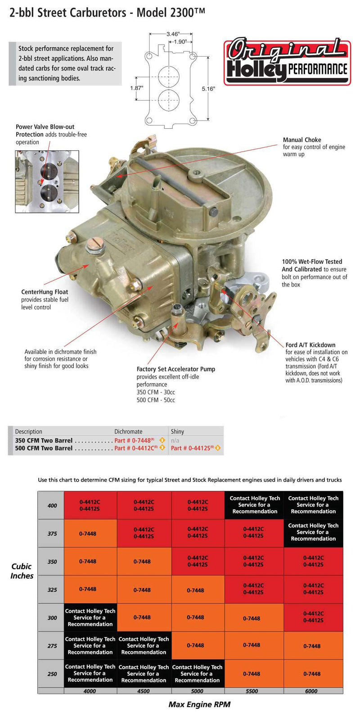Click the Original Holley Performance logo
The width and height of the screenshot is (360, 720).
[287, 62]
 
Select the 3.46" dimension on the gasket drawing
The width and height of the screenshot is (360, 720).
[173, 34]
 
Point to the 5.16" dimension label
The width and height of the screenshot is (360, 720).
[208, 89]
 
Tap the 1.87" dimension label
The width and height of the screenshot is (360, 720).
[136, 88]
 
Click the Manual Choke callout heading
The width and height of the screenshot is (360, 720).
[302, 140]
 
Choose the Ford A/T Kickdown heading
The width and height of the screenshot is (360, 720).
[310, 345]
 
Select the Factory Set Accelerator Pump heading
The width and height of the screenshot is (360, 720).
[176, 369]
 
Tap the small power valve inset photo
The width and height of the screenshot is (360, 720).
[47, 181]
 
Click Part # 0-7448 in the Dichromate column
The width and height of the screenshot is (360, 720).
[134, 440]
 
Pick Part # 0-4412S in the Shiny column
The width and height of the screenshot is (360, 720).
[192, 448]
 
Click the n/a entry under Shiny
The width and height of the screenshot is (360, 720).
[175, 440]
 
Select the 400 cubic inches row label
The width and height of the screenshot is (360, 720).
[52, 505]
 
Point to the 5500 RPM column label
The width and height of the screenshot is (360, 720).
[252, 691]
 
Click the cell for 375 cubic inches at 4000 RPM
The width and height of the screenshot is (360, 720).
[88, 534]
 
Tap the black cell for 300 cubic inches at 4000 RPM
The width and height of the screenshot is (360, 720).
[90, 617]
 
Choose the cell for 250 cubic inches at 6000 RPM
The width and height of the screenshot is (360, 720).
[312, 674]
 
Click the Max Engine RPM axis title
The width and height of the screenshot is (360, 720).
[199, 704]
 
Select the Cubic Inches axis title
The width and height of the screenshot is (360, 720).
[22, 571]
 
